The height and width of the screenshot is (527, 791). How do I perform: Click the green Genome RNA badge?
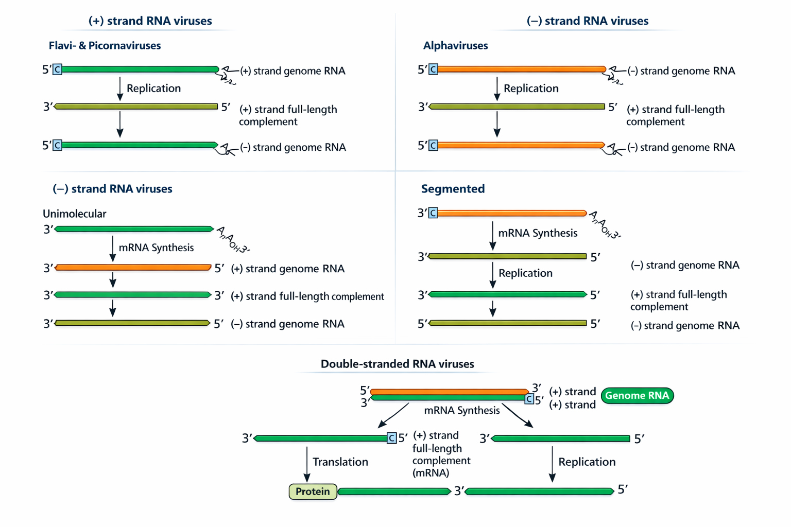[x=637, y=396]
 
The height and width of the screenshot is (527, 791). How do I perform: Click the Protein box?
[x=313, y=491]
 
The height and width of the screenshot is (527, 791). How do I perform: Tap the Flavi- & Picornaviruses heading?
[x=105, y=46]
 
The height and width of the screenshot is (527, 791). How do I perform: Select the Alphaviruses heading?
[x=455, y=46]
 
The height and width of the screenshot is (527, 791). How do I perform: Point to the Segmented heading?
[x=453, y=189]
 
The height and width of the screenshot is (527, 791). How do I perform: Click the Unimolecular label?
[x=74, y=214]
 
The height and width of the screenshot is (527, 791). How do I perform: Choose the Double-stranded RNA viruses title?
[x=397, y=364]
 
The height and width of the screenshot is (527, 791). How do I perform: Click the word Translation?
[x=340, y=462]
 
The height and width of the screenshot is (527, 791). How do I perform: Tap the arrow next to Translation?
[x=307, y=463]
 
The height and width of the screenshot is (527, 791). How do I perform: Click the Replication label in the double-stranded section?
[x=587, y=462]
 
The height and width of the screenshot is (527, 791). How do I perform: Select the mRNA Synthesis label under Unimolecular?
[x=156, y=248]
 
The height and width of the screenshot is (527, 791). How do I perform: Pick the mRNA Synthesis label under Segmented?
[x=538, y=233]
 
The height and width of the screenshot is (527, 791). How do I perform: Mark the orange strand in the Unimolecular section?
[x=133, y=268]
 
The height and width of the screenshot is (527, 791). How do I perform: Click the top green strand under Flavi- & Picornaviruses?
[x=140, y=69]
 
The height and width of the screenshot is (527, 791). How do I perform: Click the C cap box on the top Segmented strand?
[x=433, y=213]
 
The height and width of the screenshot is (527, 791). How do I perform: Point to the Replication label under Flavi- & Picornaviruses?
[x=153, y=89]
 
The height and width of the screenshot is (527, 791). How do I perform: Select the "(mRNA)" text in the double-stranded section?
[x=431, y=473]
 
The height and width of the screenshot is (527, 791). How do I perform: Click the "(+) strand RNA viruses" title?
[x=150, y=21]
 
